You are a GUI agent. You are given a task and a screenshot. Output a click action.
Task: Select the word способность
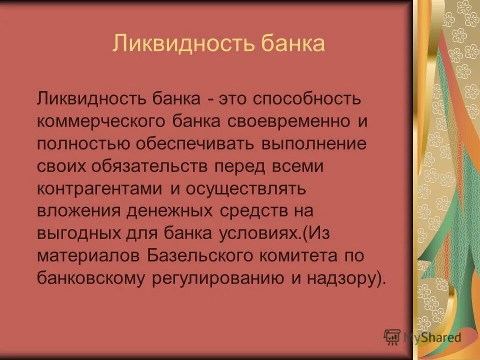(306, 98)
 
